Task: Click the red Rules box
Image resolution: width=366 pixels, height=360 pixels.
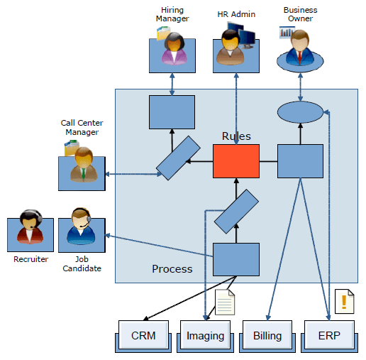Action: coord(236,161)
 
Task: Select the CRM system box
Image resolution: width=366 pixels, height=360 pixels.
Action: coord(143,336)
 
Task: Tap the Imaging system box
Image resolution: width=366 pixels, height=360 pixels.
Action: coord(205,336)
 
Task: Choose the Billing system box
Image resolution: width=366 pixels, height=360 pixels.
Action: coord(267,336)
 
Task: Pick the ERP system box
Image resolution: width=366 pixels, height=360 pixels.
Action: coord(329,336)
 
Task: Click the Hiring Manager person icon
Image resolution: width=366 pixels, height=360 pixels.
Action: coord(174,49)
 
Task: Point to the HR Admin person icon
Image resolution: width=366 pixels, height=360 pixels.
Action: coord(231,48)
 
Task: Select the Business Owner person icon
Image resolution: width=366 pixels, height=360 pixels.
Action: coord(300,48)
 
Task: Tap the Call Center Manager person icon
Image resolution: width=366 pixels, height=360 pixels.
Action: coord(84,165)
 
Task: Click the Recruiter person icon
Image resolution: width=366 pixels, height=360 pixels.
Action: coord(30,227)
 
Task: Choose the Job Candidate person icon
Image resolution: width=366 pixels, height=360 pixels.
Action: coord(81,227)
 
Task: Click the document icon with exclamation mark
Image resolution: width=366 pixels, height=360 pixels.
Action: coord(345,301)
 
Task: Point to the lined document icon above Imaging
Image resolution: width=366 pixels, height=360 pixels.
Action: coord(225,302)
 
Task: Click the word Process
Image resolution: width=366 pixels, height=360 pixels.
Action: coord(172,269)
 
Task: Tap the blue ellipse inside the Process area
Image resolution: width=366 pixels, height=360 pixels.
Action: coord(300,112)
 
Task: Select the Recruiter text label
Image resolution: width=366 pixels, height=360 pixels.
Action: coord(30,259)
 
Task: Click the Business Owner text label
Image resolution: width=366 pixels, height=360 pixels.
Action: coord(300,14)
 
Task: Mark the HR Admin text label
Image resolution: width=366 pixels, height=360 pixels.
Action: coord(236,14)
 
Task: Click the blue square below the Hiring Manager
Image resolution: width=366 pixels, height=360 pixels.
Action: coord(172,112)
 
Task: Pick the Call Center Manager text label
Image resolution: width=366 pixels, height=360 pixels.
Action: coord(82,127)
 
